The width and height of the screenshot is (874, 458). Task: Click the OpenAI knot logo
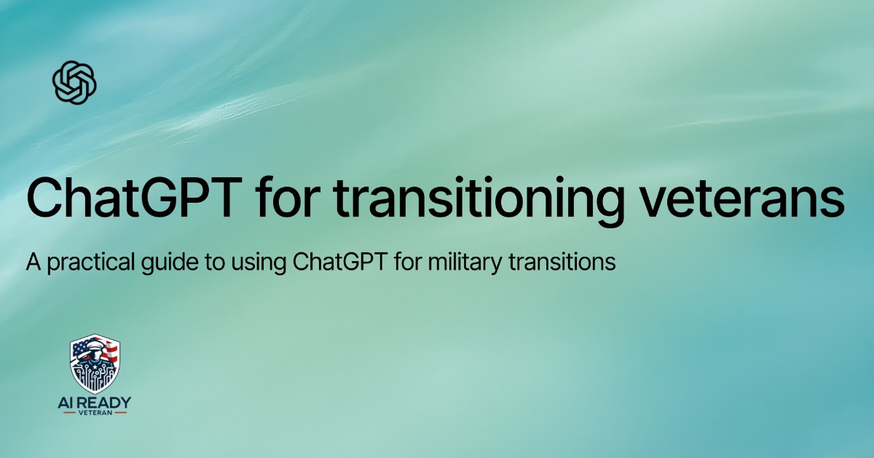point(75,82)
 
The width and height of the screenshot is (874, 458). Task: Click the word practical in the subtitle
point(79,263)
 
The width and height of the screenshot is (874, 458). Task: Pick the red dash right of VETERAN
point(122,412)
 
